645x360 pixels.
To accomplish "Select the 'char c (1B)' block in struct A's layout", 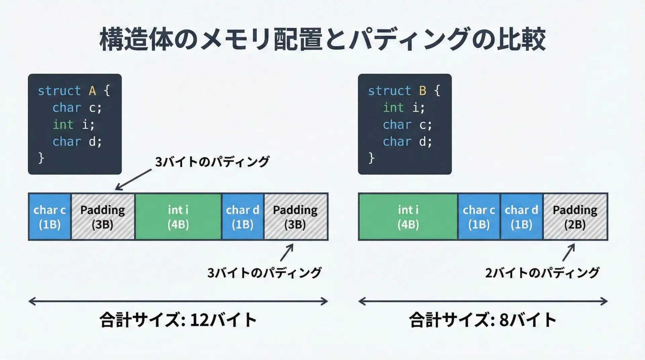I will coord(50,217).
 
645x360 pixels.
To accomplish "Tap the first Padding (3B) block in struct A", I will coord(103,217).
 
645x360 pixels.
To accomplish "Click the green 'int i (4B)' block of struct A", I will coord(178,217).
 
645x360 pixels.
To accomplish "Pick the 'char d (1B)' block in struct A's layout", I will coord(243,217).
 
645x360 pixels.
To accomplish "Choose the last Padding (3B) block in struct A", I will coord(296,217).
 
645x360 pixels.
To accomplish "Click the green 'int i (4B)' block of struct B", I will coord(408,217).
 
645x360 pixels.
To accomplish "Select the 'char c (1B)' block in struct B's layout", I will coord(479,217).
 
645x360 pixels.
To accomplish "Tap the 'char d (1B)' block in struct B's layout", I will coord(521,217).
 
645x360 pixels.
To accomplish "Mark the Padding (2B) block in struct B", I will coord(575,217).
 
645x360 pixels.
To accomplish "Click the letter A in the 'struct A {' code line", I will coord(92,91).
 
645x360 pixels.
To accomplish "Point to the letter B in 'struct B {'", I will coord(423,91).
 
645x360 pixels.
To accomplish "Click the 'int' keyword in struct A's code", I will coord(63,125).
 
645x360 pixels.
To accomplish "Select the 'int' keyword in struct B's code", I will coord(393,108).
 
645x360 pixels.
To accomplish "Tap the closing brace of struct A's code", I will coord(41,158).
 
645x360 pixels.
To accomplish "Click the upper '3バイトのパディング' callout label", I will coord(212,162).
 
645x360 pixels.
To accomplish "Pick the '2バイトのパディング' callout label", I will coord(542,273).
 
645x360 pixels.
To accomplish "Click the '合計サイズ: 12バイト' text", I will coord(178,320).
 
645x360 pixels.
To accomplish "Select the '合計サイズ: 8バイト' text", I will coord(483,320).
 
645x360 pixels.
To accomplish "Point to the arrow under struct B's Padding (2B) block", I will coord(568,253).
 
